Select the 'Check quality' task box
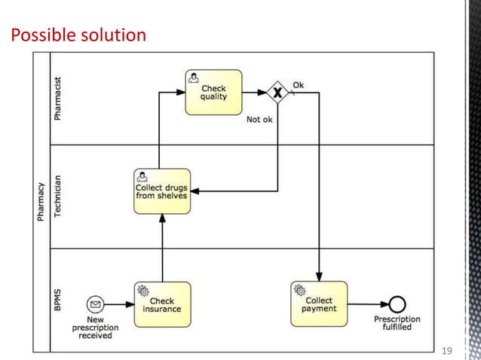pyautogui.click(x=213, y=93)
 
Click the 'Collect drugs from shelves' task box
pyautogui.click(x=161, y=191)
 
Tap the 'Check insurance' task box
pyautogui.click(x=161, y=304)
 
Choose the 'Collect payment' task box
pyautogui.click(x=319, y=304)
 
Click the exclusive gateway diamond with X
pyautogui.click(x=278, y=93)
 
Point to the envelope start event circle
pyautogui.click(x=96, y=304)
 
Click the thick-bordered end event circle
pyautogui.click(x=397, y=304)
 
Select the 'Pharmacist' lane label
pyautogui.click(x=59, y=98)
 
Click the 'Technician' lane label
pyautogui.click(x=59, y=196)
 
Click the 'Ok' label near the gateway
pyautogui.click(x=299, y=84)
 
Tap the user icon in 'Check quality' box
pyautogui.click(x=194, y=78)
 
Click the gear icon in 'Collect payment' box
pyautogui.click(x=299, y=289)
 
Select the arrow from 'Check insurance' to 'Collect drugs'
pyautogui.click(x=161, y=249)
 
